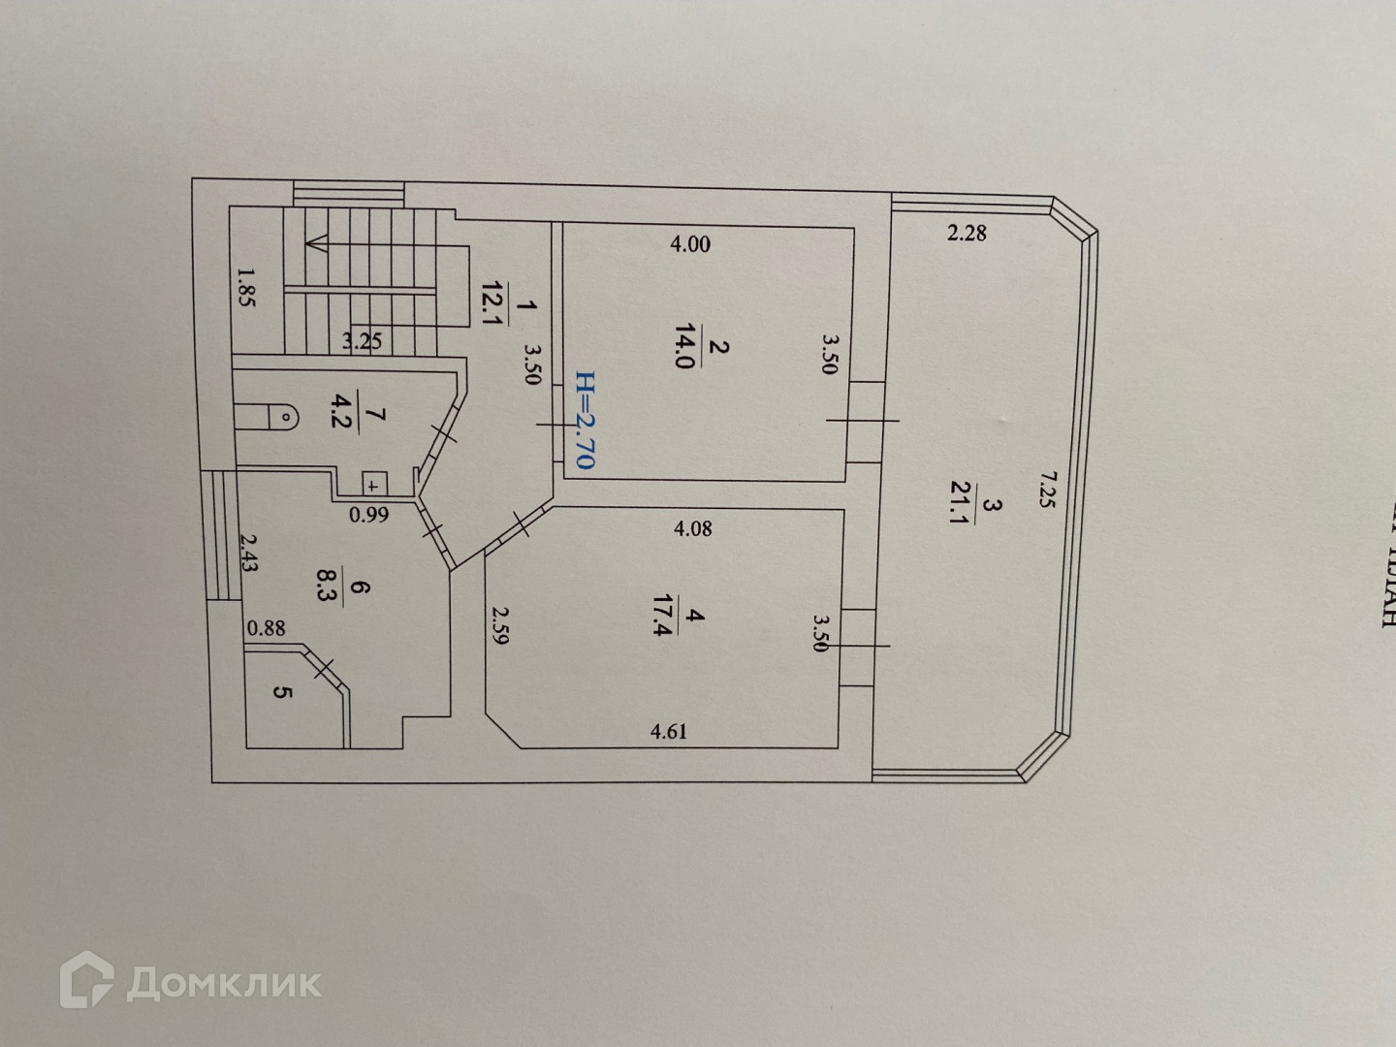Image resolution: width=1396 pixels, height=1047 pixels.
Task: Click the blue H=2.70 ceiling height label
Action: click(584, 420)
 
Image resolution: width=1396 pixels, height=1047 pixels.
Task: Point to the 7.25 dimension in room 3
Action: click(1046, 491)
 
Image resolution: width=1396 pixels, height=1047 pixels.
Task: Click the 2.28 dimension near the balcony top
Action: click(967, 233)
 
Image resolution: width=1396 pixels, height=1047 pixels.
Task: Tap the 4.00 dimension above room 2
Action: click(690, 244)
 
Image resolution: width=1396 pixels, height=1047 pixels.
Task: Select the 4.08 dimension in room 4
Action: click(692, 529)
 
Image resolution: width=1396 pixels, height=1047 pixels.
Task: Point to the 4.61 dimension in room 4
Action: click(668, 731)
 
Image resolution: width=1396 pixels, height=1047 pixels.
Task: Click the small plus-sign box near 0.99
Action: click(373, 485)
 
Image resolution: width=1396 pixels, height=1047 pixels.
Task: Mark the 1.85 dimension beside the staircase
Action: click(244, 288)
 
